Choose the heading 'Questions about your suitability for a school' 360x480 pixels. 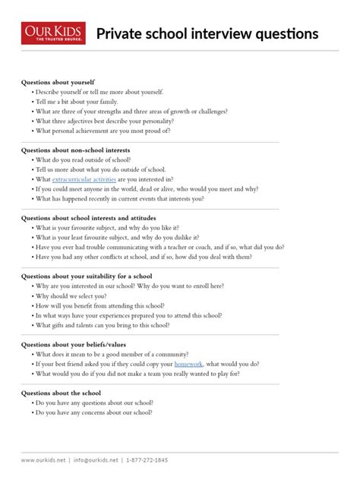coord(87,276)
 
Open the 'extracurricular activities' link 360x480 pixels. coord(84,179)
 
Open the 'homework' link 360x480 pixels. coord(189,364)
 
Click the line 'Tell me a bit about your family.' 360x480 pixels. coord(75,101)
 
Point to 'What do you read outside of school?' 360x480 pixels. coord(81,160)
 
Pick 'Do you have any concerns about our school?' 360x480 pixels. coord(93,412)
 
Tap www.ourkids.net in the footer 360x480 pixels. coord(43,460)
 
